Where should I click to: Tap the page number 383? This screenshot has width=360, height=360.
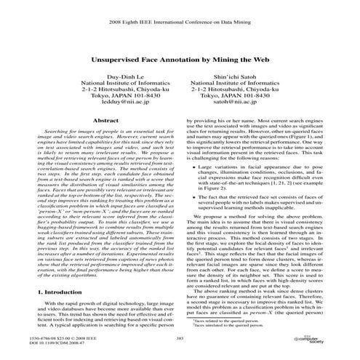(180, 337)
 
